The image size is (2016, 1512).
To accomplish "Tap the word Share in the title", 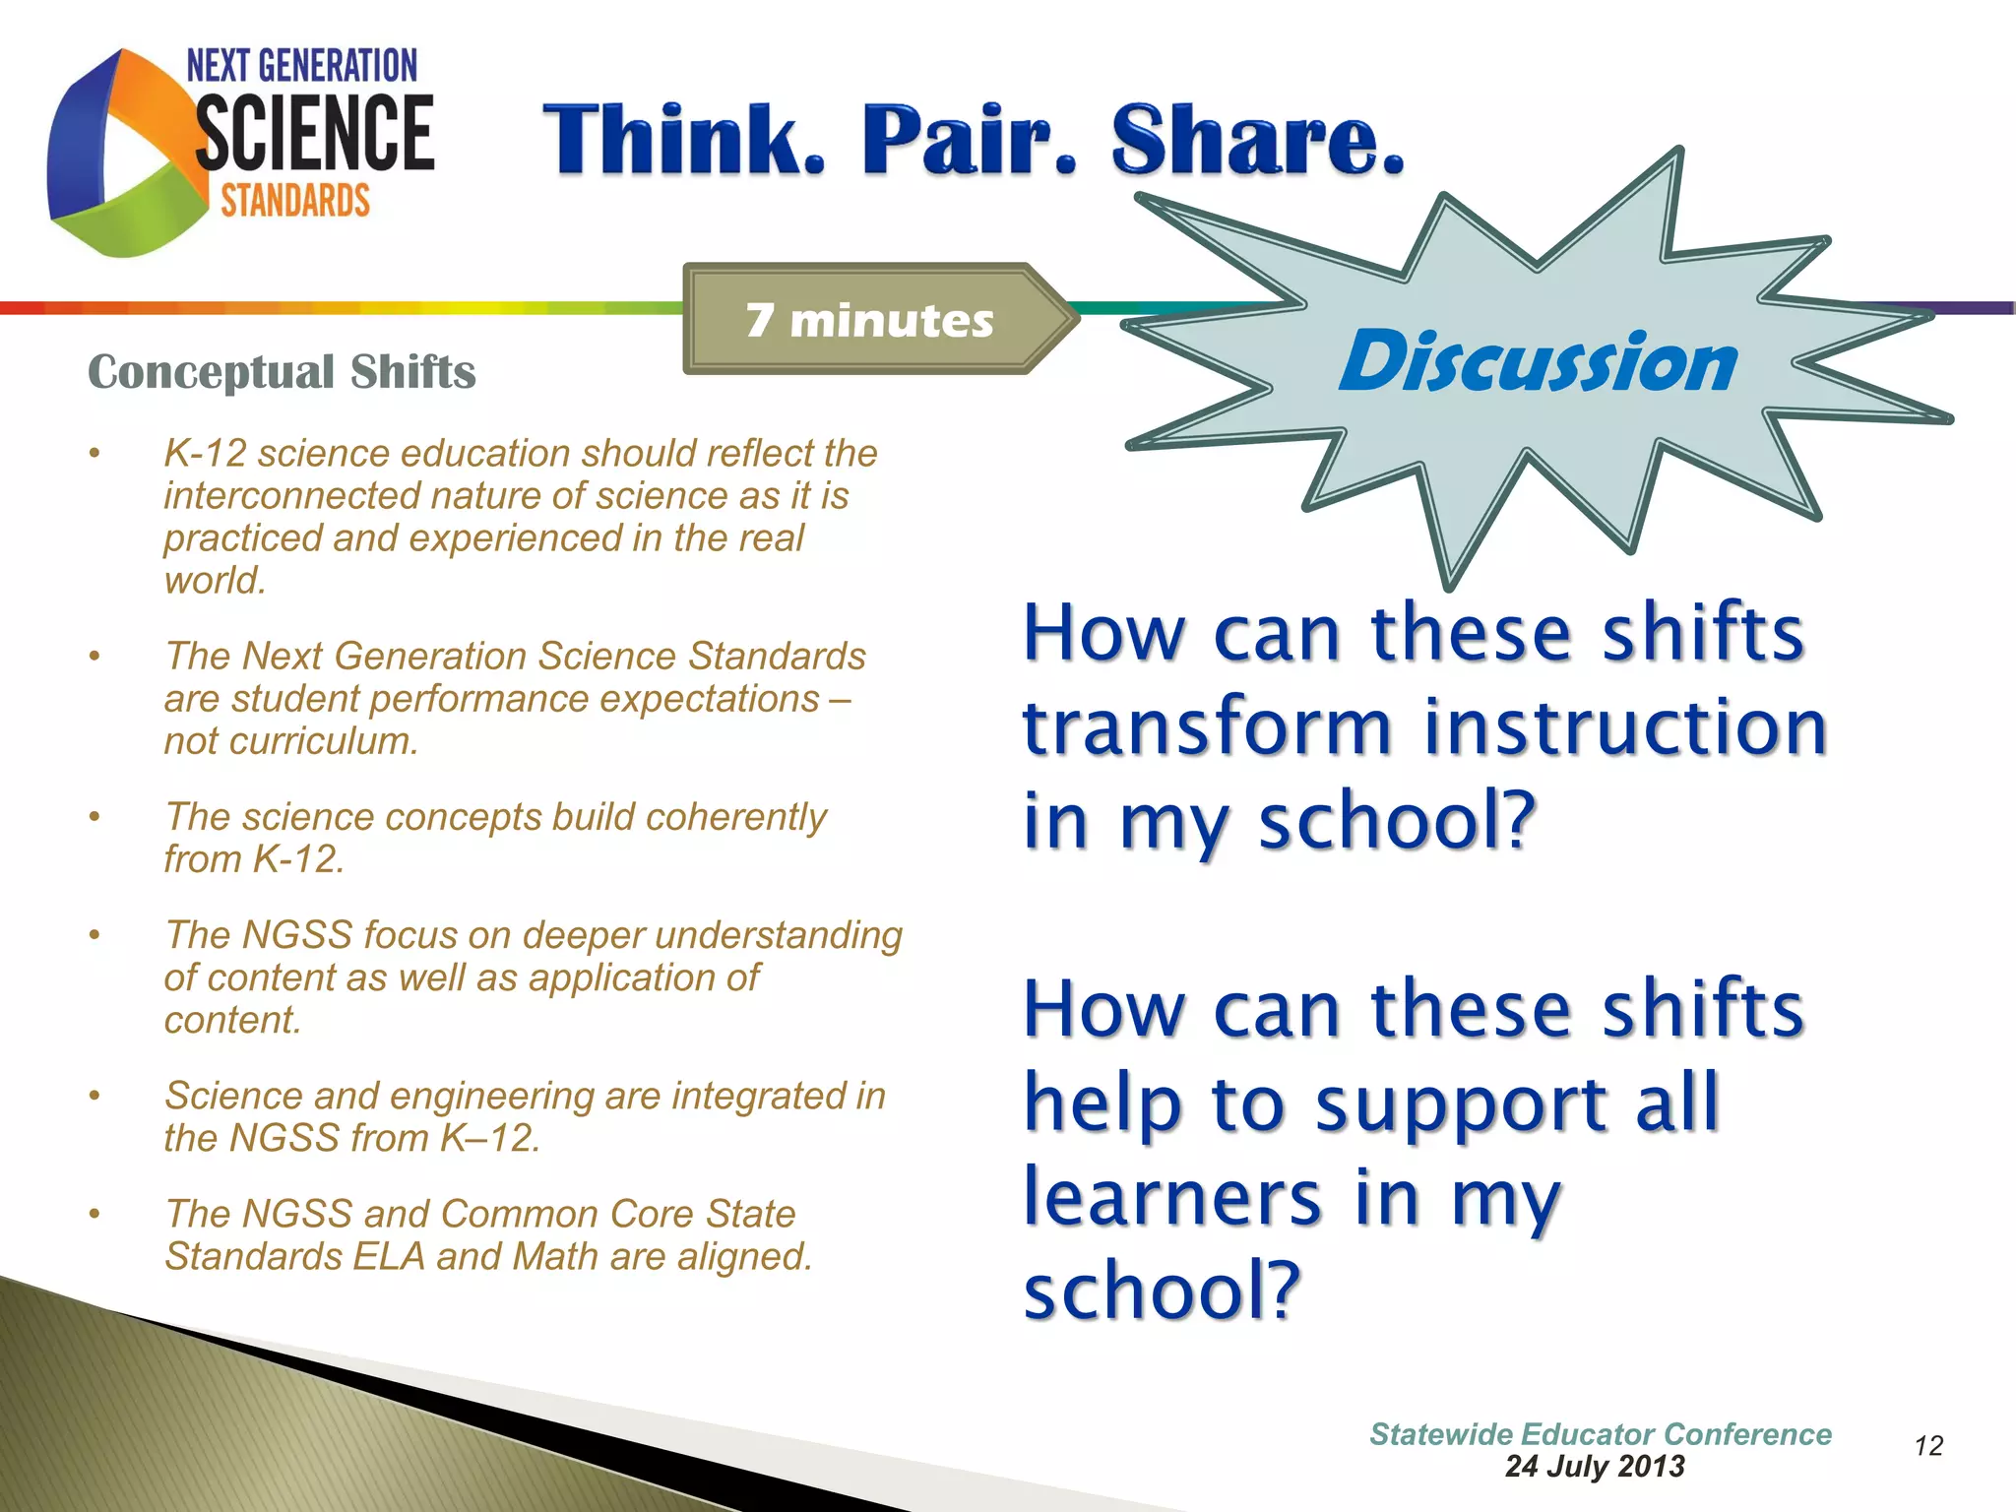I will [x=1257, y=140].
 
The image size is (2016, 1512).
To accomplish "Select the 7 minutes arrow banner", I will [x=871, y=320].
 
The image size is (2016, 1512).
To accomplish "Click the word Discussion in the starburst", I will [x=1538, y=361].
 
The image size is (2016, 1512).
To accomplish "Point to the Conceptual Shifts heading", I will [x=282, y=372].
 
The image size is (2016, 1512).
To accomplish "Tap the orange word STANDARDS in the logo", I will [x=295, y=201].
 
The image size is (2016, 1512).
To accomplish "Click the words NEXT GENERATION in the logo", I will [x=302, y=66].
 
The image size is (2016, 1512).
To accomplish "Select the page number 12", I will [x=1928, y=1446].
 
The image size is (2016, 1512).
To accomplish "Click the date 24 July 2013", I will [x=1595, y=1467].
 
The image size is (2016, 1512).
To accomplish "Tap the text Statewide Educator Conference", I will [x=1601, y=1434].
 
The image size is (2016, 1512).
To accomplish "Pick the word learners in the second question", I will [x=1171, y=1198].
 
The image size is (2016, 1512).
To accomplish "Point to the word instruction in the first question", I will [x=1625, y=727].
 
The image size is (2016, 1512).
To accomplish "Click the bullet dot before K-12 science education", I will [x=94, y=454].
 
